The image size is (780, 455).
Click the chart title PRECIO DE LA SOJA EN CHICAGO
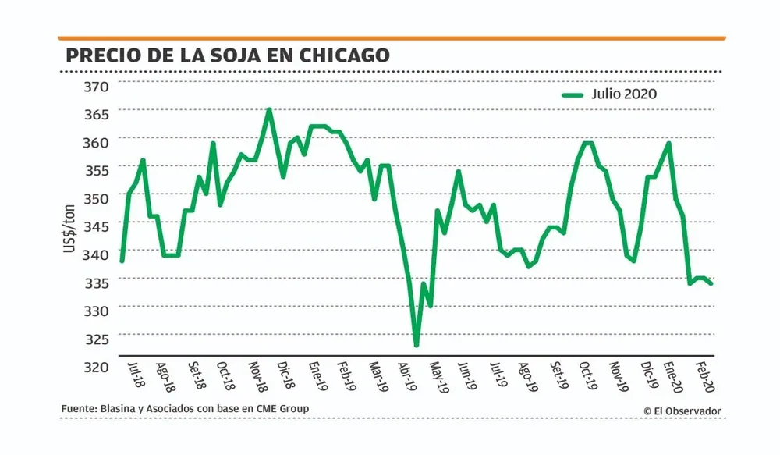(x=227, y=56)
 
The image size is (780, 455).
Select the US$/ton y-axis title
(x=69, y=226)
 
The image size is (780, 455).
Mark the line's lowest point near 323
(x=417, y=345)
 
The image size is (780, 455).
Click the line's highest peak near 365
(x=269, y=109)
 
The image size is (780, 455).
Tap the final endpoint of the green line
(x=711, y=283)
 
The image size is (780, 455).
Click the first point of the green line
(x=122, y=261)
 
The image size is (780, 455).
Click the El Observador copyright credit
(x=682, y=411)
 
